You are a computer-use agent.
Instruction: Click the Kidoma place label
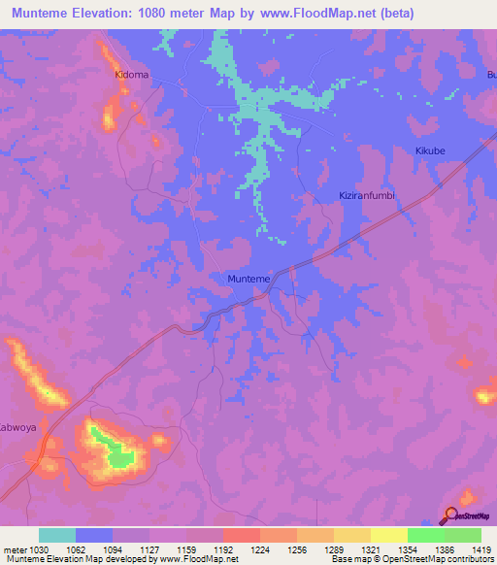point(132,74)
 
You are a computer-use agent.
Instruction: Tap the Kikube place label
point(429,151)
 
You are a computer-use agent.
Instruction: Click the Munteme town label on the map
point(248,279)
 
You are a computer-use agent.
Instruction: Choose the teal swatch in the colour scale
point(57,535)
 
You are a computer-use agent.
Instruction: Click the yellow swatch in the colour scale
point(388,535)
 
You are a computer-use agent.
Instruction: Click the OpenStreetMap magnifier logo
point(450,515)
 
